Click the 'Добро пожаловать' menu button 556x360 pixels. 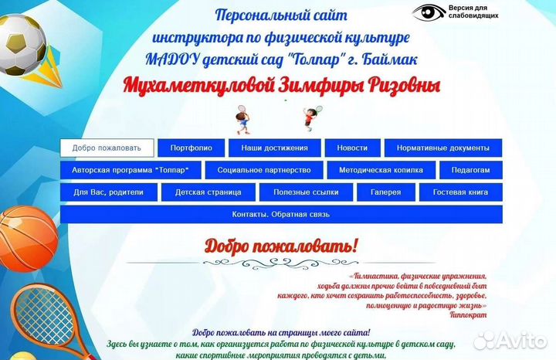click(x=107, y=148)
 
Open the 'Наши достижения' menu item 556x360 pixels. click(x=274, y=148)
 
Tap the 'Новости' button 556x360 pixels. click(x=352, y=148)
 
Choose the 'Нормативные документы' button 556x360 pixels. click(x=442, y=148)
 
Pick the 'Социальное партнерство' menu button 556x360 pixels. click(x=264, y=170)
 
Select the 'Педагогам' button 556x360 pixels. click(x=470, y=170)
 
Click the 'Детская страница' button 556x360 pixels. click(x=208, y=192)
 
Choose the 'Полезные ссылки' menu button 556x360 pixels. click(x=307, y=192)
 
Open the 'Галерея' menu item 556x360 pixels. click(x=385, y=192)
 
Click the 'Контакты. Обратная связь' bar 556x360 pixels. click(x=281, y=214)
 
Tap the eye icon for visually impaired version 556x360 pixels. click(x=429, y=12)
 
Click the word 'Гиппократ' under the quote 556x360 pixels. click(x=469, y=314)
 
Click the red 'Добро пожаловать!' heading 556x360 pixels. click(x=281, y=246)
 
